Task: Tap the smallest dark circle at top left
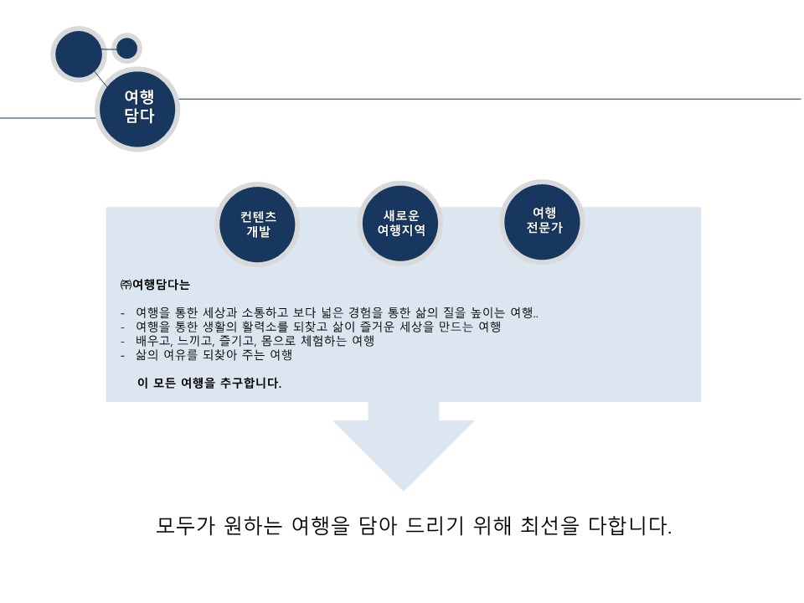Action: point(126,49)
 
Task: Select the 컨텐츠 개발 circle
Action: point(258,224)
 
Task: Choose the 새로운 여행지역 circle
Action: point(400,223)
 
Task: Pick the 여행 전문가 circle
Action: point(544,220)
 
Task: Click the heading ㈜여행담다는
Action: point(155,285)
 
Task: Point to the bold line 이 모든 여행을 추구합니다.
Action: point(209,384)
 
